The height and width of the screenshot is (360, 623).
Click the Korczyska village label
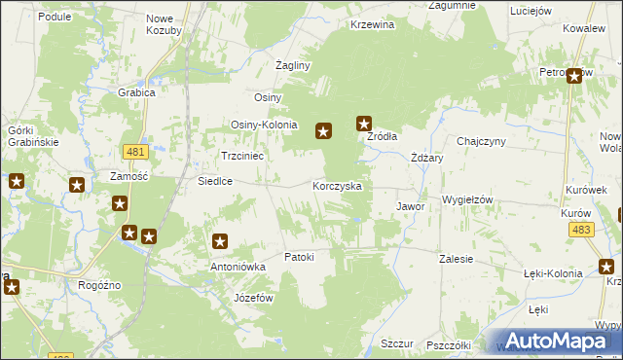tap(337, 185)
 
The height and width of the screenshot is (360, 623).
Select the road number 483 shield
tap(582, 229)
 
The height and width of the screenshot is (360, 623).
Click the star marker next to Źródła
tap(364, 124)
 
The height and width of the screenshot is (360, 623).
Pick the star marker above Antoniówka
tap(220, 241)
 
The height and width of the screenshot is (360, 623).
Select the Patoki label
tap(299, 257)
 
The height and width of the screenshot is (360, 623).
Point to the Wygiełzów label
tap(468, 199)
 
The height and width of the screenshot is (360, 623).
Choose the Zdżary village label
tap(427, 158)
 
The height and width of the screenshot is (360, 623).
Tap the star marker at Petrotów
tap(574, 76)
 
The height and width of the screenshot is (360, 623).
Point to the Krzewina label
tap(373, 25)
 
